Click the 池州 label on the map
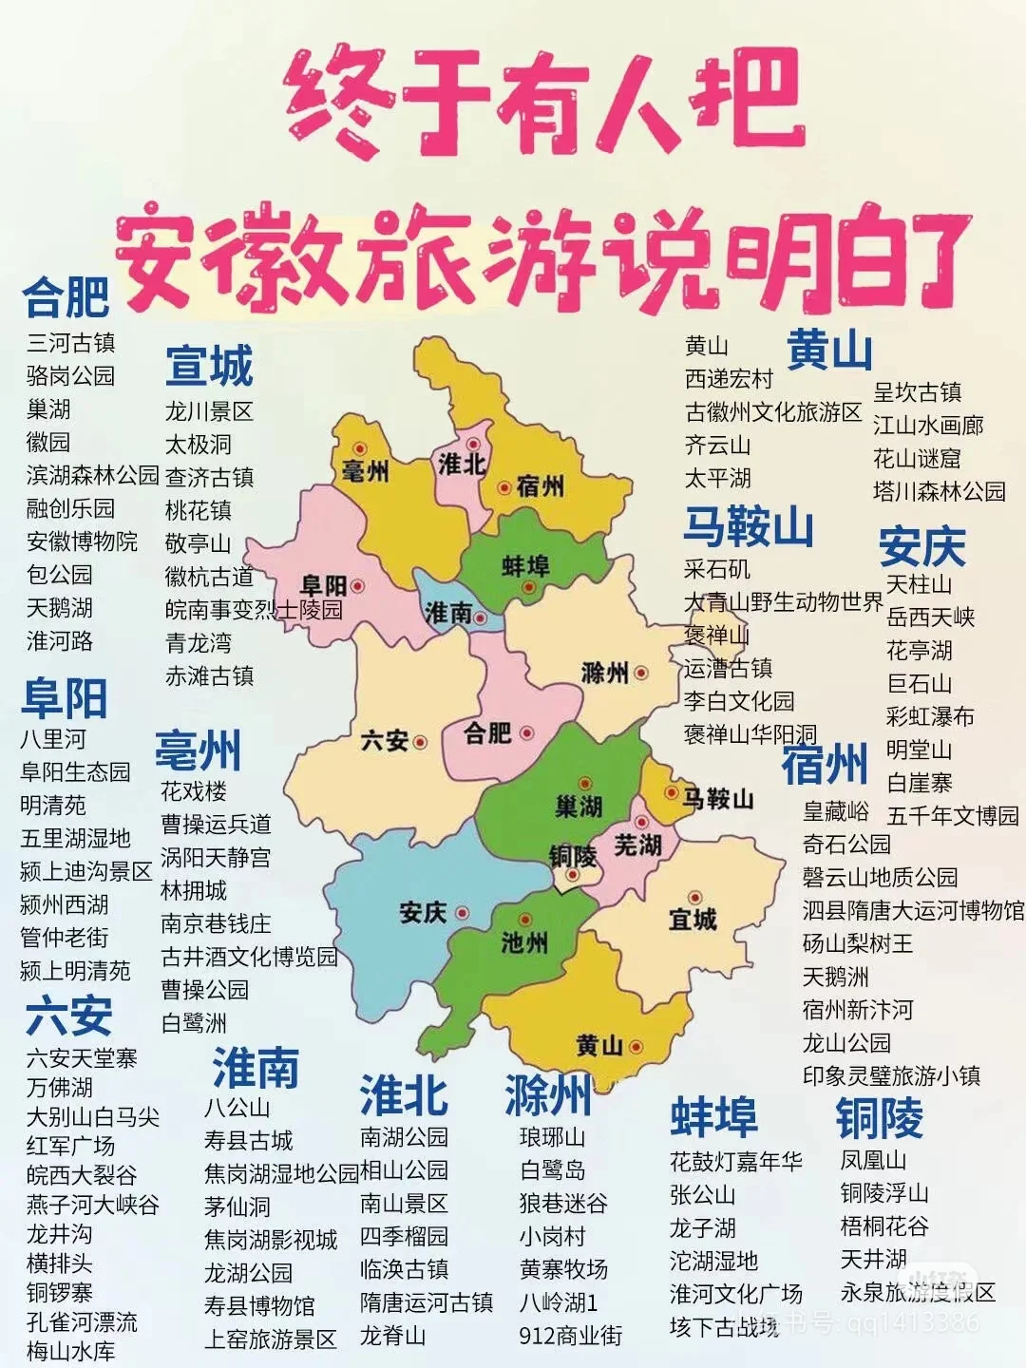[524, 942]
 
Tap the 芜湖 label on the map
[636, 844]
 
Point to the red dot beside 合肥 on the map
[526, 733]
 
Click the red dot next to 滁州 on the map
[641, 674]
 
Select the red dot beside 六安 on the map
[420, 742]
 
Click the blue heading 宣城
[209, 367]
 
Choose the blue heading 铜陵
[879, 1117]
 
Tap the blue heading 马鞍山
[749, 526]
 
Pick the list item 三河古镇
[70, 343]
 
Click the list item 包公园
[59, 575]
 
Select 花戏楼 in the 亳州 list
[194, 791]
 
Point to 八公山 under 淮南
[237, 1108]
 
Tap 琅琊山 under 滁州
[552, 1137]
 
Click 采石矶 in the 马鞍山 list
[717, 569]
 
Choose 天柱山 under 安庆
[919, 583]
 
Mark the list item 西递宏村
[729, 379]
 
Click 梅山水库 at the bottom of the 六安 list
[70, 1351]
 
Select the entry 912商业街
[570, 1336]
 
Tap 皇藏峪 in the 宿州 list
[836, 811]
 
